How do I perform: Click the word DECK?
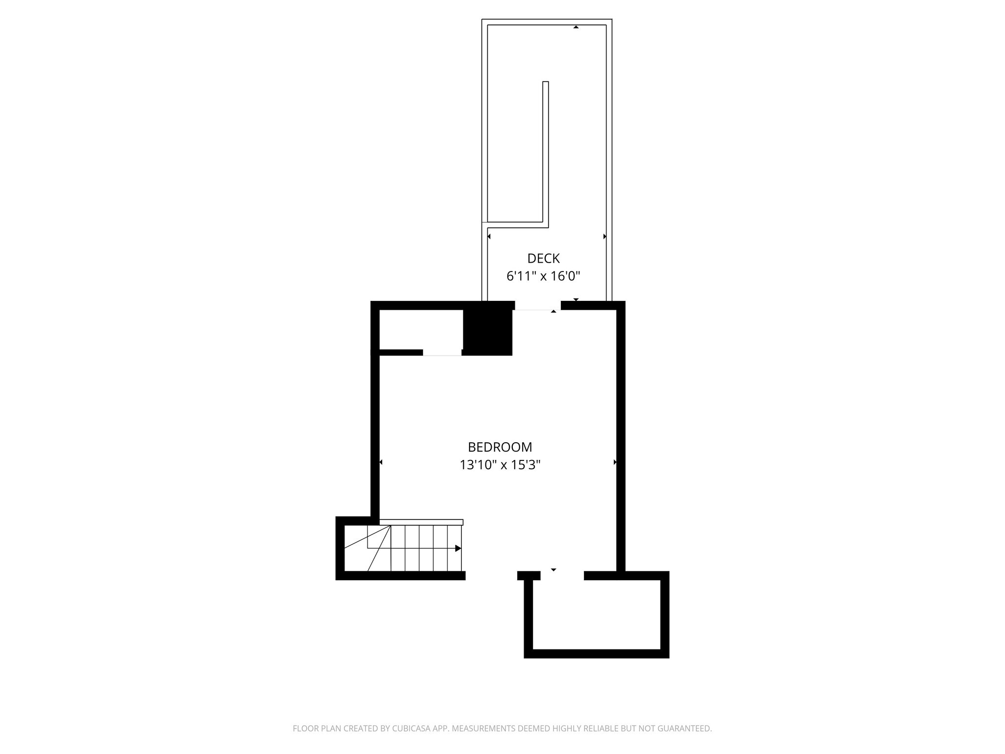pyautogui.click(x=543, y=258)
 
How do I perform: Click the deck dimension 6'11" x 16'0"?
pyautogui.click(x=543, y=276)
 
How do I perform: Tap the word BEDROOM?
pyautogui.click(x=500, y=447)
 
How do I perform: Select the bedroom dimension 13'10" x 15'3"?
pyautogui.click(x=500, y=465)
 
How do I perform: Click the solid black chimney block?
pyautogui.click(x=488, y=328)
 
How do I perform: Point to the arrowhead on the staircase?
pyautogui.click(x=458, y=548)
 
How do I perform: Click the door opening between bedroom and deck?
pyautogui.click(x=537, y=306)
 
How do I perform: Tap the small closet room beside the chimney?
pyautogui.click(x=421, y=329)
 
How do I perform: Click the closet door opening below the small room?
pyautogui.click(x=442, y=352)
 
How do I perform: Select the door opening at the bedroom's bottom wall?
pyautogui.click(x=562, y=576)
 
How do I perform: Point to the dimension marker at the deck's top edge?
pyautogui.click(x=576, y=27)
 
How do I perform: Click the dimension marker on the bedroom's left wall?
pyautogui.click(x=381, y=462)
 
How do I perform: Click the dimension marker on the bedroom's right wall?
pyautogui.click(x=615, y=462)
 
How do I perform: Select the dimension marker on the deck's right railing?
pyautogui.click(x=605, y=237)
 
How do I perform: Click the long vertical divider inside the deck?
pyautogui.click(x=545, y=152)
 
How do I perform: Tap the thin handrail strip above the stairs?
pyautogui.click(x=421, y=522)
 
